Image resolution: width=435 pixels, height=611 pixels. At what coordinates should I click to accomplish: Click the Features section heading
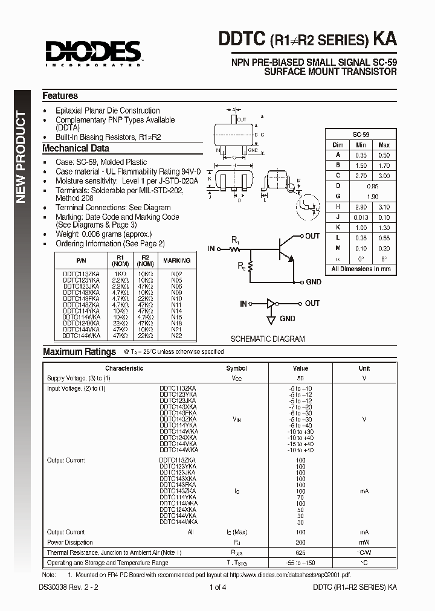click(x=60, y=95)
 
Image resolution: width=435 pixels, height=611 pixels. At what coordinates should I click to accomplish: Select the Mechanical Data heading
click(x=76, y=149)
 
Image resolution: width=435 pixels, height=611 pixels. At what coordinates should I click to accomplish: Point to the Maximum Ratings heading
click(x=79, y=352)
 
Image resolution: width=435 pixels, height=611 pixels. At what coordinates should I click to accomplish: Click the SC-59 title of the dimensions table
click(x=361, y=135)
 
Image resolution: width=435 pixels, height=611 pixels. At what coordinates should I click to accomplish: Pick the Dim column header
click(x=338, y=145)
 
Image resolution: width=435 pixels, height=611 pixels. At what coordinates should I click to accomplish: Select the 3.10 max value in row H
click(x=384, y=207)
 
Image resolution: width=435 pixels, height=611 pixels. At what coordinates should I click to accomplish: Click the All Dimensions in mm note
click(x=361, y=269)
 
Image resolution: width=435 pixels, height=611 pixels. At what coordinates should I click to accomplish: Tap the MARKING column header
click(x=176, y=260)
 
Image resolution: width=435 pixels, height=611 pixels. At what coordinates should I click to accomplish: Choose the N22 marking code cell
click(x=176, y=336)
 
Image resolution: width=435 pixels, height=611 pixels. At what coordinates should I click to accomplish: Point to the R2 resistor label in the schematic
click(x=241, y=264)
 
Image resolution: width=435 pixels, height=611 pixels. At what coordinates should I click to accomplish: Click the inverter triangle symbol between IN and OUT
click(x=273, y=304)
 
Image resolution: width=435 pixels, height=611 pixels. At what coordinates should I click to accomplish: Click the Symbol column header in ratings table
click(x=236, y=368)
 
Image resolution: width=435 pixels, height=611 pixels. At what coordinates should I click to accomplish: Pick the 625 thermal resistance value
click(x=300, y=552)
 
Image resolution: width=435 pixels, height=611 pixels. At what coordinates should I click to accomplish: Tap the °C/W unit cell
click(x=364, y=552)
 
